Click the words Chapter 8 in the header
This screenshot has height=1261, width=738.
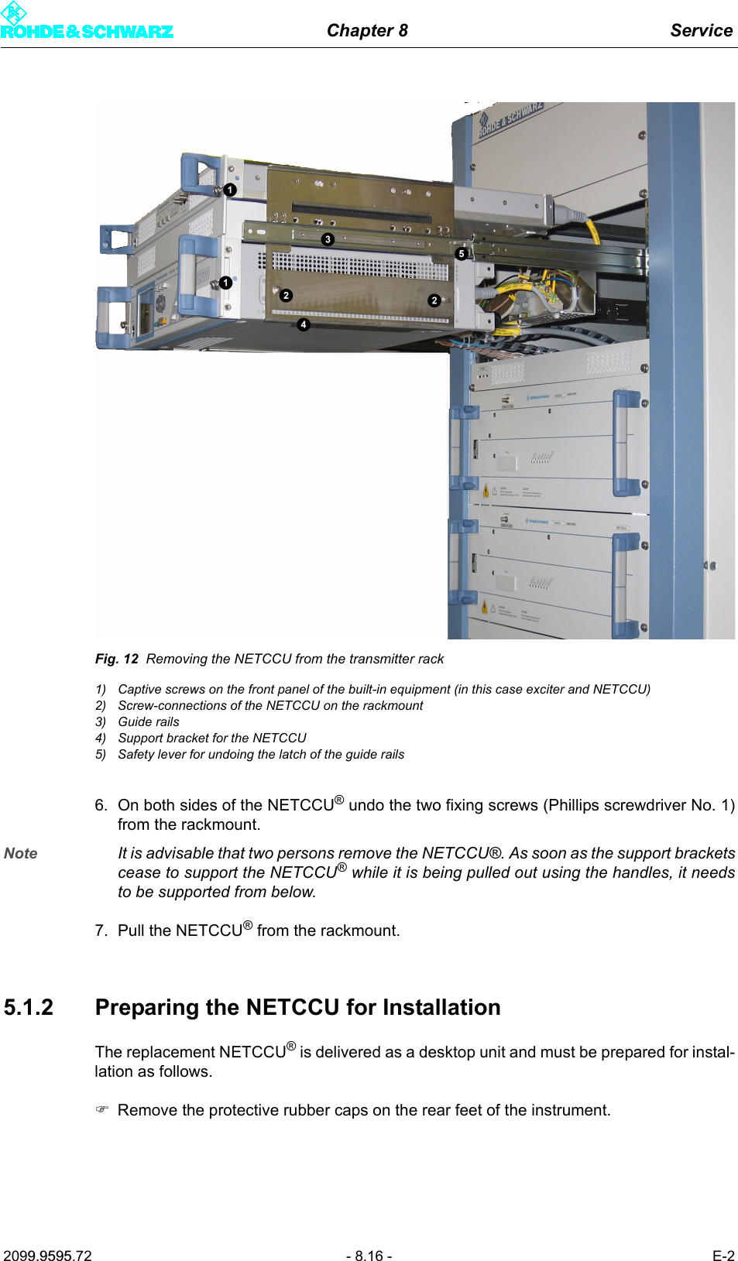coord(367,30)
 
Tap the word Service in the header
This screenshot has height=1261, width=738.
coord(701,30)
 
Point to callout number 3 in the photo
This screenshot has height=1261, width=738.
coord(328,240)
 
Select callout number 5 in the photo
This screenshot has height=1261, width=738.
coord(462,253)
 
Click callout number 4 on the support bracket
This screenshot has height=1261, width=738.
coord(304,325)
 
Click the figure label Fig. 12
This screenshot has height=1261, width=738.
coord(116,659)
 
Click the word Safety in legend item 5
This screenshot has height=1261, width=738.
coord(136,754)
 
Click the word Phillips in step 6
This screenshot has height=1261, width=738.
coord(572,805)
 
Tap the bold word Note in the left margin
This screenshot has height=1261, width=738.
coord(21,853)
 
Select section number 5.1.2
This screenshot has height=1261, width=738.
coord(29,1007)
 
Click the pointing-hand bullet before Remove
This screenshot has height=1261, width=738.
coord(102,1110)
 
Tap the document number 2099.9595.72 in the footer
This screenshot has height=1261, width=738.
coord(47,1256)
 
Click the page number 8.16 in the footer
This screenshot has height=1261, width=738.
coord(369,1256)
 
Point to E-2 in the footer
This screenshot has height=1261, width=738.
coord(723,1256)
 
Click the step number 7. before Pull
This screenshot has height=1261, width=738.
coord(101,930)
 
